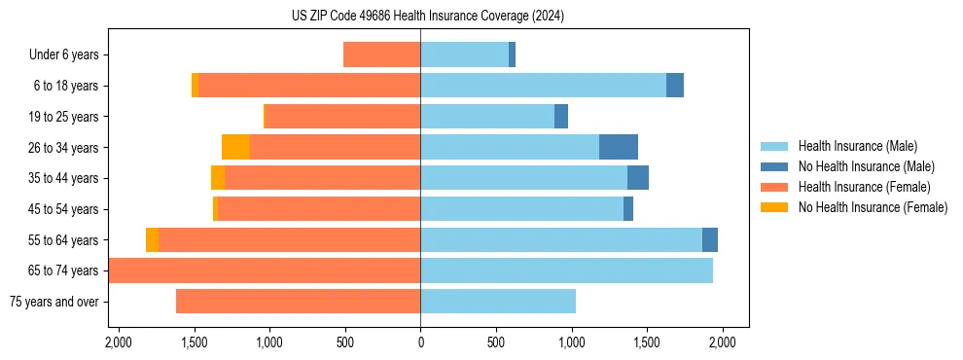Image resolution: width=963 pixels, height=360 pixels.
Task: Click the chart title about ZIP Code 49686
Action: pos(428,17)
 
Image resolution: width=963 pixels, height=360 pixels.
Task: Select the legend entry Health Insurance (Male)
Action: pos(857,146)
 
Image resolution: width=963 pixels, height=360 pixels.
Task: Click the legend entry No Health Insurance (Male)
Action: pos(866,166)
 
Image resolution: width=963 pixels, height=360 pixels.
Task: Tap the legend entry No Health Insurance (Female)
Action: pos(873,207)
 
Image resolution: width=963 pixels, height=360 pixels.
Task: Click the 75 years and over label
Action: pos(53,302)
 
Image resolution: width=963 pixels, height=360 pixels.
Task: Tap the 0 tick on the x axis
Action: pos(420,343)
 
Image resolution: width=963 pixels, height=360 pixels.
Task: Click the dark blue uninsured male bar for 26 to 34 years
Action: pos(619,148)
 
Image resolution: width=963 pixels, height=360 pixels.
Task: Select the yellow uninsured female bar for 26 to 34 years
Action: pos(235,148)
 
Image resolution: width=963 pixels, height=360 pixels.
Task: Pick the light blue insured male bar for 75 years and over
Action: pos(498,302)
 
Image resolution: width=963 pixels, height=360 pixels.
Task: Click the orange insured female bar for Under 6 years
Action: pos(381,55)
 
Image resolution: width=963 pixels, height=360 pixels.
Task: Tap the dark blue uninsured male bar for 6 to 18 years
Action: pos(675,86)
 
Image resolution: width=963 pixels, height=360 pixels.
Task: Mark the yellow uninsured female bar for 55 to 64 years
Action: pos(152,240)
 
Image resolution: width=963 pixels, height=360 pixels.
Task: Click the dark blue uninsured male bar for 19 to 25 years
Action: pos(561,117)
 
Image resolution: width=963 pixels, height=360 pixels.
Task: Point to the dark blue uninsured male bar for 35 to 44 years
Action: pos(638,178)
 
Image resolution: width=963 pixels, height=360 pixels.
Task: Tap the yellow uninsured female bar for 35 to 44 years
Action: pos(218,178)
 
